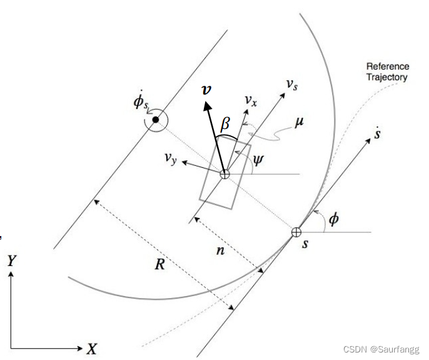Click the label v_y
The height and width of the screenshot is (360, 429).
pos(173,160)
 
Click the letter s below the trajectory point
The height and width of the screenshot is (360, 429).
pos(305,244)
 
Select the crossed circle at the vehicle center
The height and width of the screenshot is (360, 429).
pos(224,174)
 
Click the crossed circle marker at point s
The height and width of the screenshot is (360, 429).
pos(296,232)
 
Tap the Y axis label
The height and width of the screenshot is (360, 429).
pos(11,261)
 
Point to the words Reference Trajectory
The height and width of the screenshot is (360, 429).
pos(387,71)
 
